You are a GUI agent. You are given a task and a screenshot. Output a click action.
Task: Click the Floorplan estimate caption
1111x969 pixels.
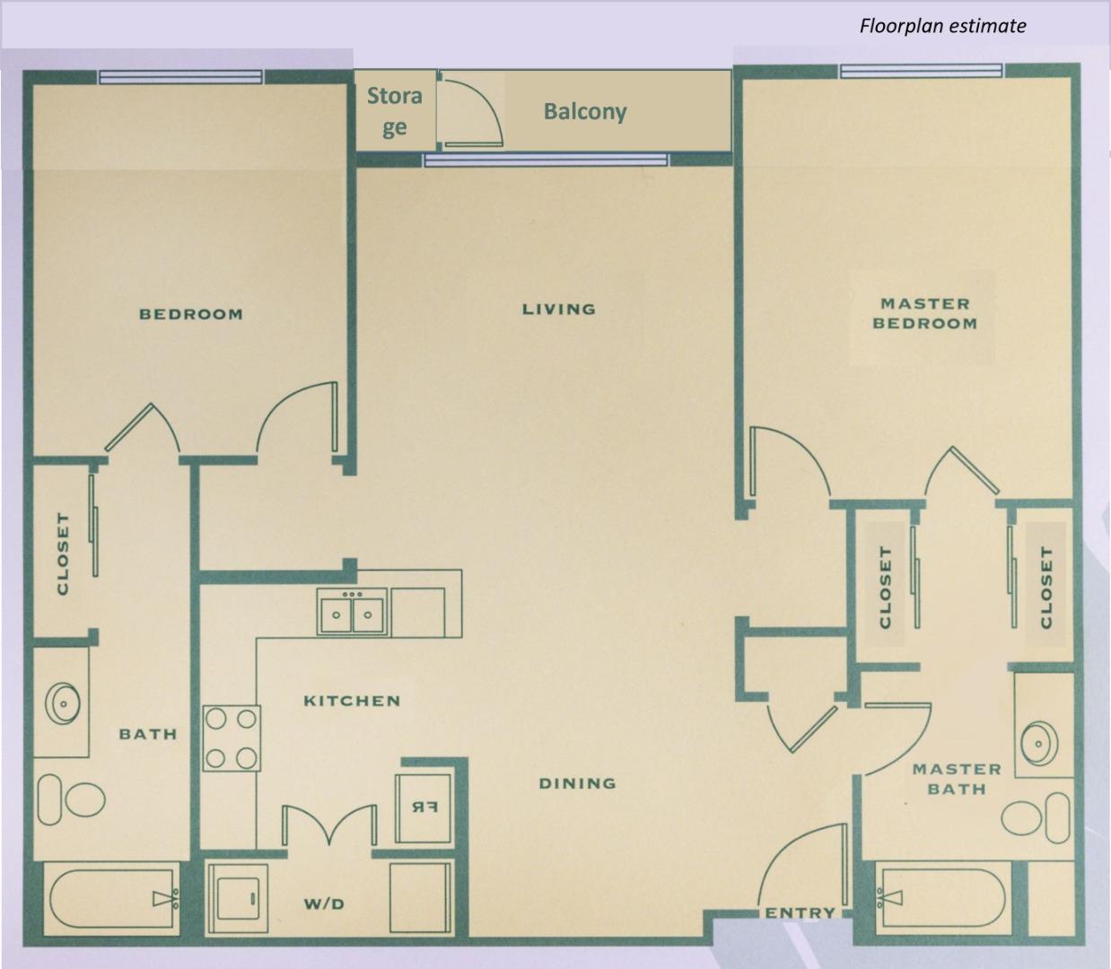pos(942,26)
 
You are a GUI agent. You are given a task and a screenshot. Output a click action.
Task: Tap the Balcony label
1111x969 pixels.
pos(585,112)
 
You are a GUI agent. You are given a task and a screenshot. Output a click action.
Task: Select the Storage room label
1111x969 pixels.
pos(395,112)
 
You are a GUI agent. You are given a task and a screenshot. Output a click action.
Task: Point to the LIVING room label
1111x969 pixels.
pos(559,310)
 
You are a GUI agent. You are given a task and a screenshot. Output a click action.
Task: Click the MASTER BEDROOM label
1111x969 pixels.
pos(924,314)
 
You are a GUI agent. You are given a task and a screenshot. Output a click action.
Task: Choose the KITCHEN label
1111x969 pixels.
pos(352,701)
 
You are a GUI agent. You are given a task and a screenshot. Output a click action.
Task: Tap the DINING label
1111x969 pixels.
pos(577,783)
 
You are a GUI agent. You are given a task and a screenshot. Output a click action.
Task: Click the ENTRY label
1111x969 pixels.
pos(800,913)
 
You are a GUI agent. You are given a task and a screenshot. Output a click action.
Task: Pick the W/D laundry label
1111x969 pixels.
pos(324,904)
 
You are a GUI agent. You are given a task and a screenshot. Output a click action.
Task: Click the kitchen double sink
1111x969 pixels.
pos(352,612)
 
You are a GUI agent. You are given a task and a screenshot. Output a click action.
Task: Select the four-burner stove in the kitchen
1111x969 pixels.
pos(232,738)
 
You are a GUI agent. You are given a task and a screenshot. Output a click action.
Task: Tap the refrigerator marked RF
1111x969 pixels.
pos(424,807)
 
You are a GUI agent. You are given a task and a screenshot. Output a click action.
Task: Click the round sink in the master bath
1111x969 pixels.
pos(1039,743)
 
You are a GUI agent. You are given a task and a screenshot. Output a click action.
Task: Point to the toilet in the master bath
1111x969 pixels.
pos(1035,818)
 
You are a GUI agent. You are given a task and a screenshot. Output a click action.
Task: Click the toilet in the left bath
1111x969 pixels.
pos(71,799)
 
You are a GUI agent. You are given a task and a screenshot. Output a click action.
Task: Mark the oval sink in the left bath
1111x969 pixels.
pos(63,703)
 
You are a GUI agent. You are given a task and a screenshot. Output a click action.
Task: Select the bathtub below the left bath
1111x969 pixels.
pos(111,901)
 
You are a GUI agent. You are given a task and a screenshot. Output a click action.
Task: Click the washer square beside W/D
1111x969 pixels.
pos(237,898)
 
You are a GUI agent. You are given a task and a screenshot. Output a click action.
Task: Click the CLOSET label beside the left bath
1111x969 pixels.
pos(63,554)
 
